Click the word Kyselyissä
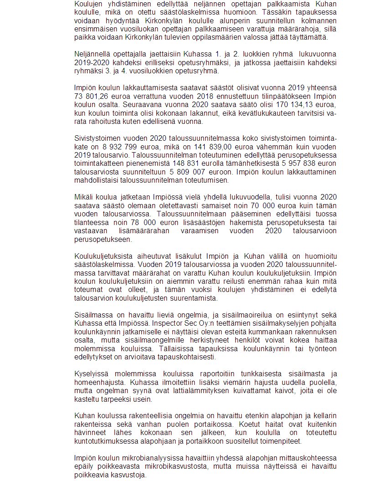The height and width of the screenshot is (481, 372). point(92,375)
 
